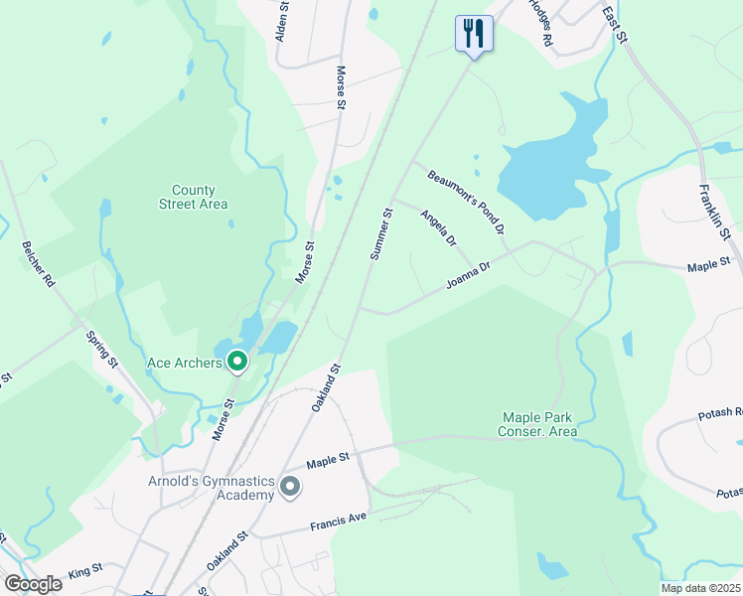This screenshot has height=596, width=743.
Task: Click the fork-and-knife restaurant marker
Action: [473, 33]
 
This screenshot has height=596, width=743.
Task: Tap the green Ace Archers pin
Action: [237, 363]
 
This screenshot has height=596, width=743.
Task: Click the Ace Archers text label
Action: [184, 363]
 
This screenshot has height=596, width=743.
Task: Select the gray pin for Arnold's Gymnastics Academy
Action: [290, 487]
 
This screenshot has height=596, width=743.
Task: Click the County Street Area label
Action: [193, 197]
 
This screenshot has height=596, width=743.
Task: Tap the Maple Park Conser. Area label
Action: [539, 424]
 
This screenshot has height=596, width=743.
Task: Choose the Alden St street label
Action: [282, 20]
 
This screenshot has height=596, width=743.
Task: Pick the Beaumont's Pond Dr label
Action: [467, 203]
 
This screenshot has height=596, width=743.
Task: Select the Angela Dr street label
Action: [438, 228]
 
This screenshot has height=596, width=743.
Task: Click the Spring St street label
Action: [101, 350]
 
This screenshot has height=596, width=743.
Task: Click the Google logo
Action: [33, 584]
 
